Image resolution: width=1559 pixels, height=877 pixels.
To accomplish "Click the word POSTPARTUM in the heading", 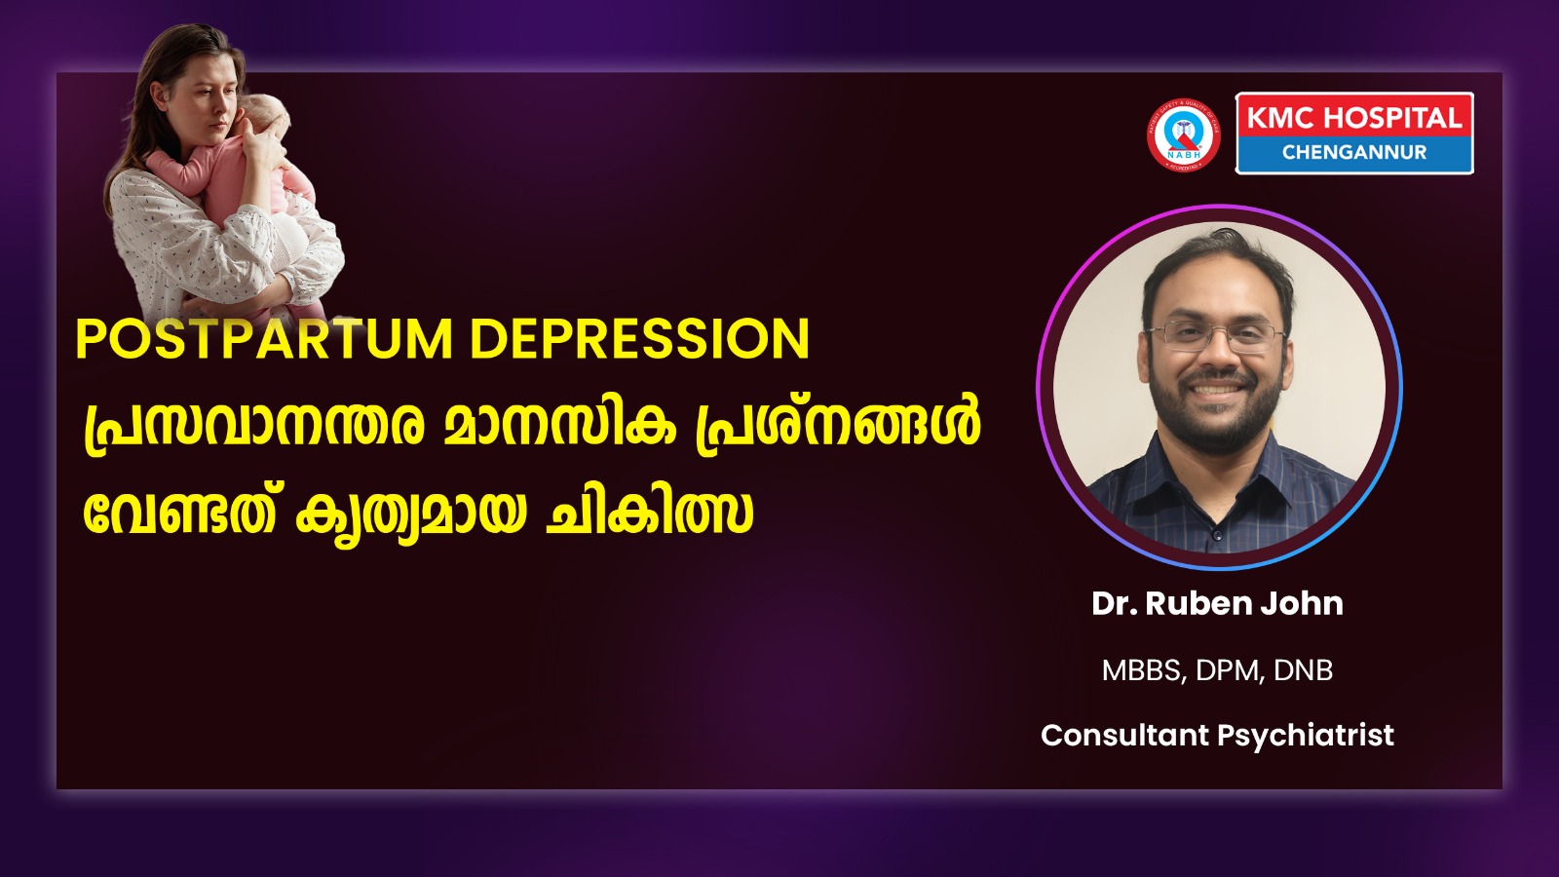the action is point(264,339).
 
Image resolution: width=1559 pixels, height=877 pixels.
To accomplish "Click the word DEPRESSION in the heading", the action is point(640,339).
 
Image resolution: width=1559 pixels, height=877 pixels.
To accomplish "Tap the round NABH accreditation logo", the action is point(1183,134).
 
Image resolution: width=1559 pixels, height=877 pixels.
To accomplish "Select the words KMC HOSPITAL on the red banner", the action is point(1353,118).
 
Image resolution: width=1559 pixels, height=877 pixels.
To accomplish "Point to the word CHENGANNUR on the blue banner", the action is point(1354,152).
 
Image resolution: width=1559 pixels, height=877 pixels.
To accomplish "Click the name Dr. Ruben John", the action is point(1217,603).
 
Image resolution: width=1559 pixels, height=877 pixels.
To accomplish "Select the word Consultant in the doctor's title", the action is point(1124,735).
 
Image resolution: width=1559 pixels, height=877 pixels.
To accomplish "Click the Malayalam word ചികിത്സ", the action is point(649,513).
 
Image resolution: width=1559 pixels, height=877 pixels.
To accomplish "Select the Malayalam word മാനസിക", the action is point(559,425).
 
